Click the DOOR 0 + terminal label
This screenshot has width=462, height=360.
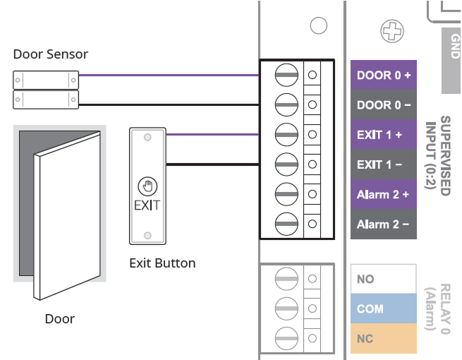pos(384,75)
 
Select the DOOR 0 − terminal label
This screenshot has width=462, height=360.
pos(384,104)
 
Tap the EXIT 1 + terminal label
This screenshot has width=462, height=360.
pos(384,134)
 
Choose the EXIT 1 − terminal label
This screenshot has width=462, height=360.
pos(384,164)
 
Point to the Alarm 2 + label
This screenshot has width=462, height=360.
pos(384,194)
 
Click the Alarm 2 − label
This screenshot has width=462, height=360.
pos(384,224)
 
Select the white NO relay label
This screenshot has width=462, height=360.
pos(384,280)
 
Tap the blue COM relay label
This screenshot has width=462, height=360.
pos(384,309)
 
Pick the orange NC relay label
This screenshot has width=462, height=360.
pos(384,339)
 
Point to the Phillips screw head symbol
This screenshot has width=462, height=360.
pos(390,30)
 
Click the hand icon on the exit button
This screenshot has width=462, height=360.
pos(147,186)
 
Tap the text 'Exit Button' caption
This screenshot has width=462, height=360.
pos(162,263)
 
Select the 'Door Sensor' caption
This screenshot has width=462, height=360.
pos(51,54)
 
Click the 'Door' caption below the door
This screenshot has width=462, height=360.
pos(60,318)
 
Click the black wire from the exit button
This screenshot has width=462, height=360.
pos(212,164)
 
